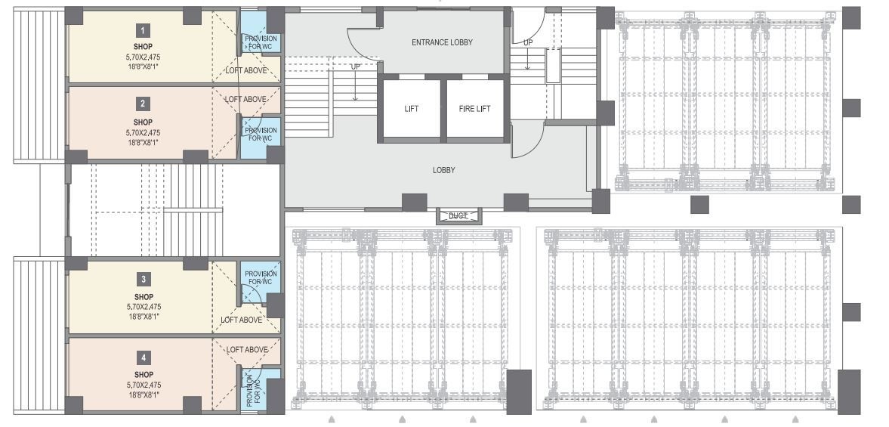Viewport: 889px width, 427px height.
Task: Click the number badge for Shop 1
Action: point(143,30)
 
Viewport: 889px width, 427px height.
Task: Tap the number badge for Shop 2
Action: point(143,104)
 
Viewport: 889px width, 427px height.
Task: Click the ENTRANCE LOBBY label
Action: point(442,42)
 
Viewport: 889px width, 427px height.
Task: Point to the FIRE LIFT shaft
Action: point(474,109)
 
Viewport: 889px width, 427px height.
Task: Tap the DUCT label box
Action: point(458,216)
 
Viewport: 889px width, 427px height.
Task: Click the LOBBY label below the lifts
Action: point(443,170)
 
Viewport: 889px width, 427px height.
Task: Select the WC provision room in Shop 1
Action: point(261,42)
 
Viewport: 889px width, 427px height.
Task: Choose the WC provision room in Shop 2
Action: point(261,135)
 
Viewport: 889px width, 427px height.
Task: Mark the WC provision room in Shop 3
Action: point(261,278)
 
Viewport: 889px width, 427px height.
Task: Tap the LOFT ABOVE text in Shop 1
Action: point(245,70)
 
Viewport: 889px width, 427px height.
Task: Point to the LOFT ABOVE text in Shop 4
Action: point(247,349)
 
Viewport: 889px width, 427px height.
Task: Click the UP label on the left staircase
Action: point(355,67)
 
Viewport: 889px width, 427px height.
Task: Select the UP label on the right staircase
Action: point(528,42)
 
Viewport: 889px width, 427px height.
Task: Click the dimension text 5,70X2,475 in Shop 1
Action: point(143,57)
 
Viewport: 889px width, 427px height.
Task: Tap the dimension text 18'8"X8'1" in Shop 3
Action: point(143,317)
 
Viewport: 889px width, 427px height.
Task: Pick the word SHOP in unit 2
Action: point(143,122)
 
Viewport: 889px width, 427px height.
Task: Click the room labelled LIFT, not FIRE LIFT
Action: point(411,109)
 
